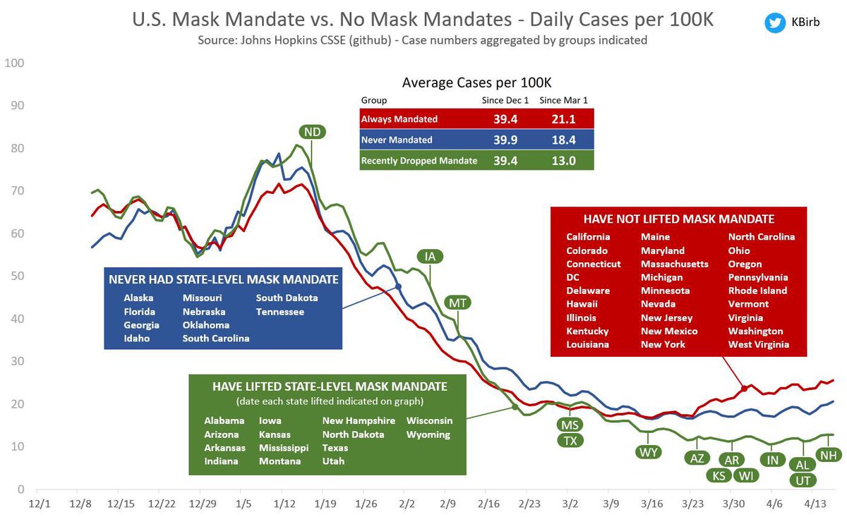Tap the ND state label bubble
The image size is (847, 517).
pyautogui.click(x=311, y=132)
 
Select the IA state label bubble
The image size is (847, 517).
pyautogui.click(x=428, y=256)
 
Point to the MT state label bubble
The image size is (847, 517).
pyautogui.click(x=457, y=304)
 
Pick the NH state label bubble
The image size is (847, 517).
pyautogui.click(x=828, y=456)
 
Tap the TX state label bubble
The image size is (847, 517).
pyautogui.click(x=570, y=441)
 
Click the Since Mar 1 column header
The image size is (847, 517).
pyautogui.click(x=564, y=100)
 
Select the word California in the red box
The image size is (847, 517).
pyautogui.click(x=588, y=237)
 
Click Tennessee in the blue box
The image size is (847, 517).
pyautogui.click(x=280, y=311)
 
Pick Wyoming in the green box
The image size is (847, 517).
pyautogui.click(x=428, y=434)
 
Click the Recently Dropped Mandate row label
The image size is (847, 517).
pyautogui.click(x=419, y=161)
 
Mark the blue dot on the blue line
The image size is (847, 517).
pyautogui.click(x=398, y=286)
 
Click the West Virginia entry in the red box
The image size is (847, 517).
pyautogui.click(x=758, y=345)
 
